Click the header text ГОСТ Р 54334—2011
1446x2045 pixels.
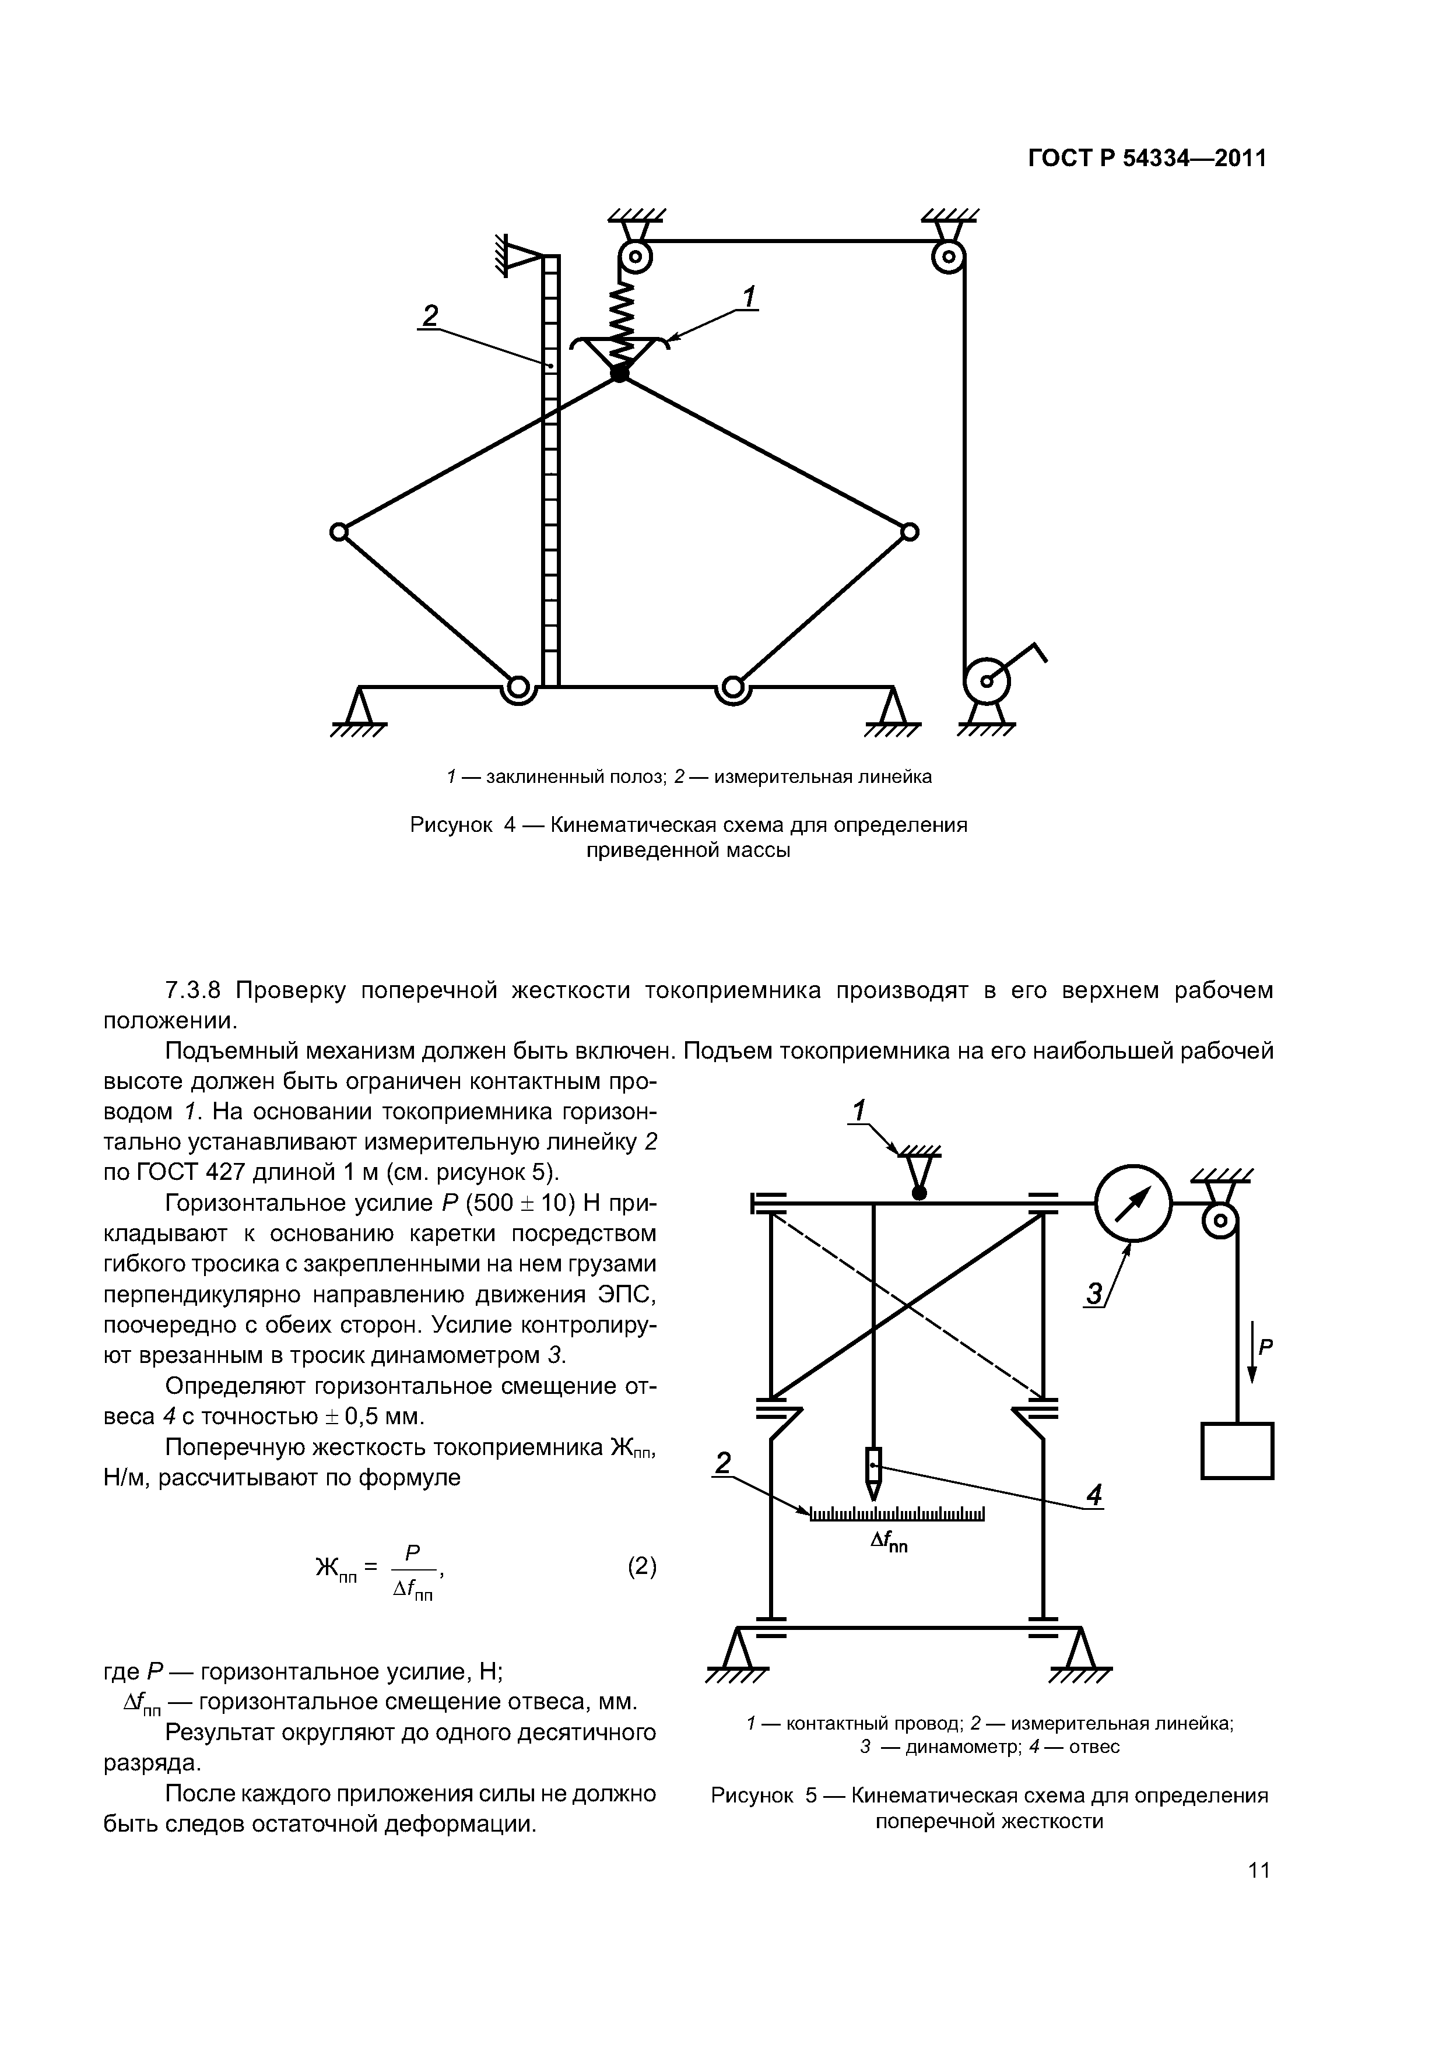click(x=1147, y=159)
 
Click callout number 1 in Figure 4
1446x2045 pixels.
click(x=749, y=297)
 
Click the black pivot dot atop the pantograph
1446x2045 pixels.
click(x=619, y=374)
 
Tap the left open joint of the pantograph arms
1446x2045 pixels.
click(x=338, y=532)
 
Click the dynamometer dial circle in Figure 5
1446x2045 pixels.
click(x=1132, y=1203)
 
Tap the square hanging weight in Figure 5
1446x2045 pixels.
click(x=1237, y=1451)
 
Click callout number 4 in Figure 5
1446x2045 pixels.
click(x=1094, y=1495)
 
